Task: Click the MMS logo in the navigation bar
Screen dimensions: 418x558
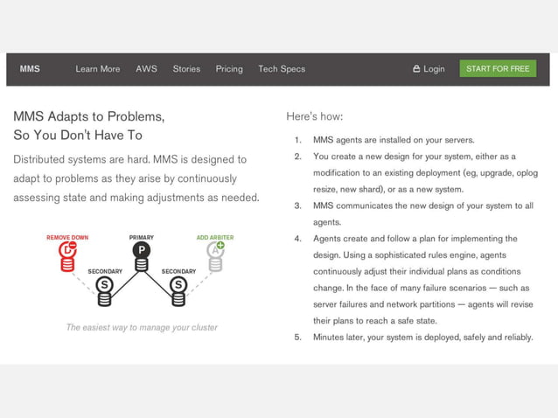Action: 30,69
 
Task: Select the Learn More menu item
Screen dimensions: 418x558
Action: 98,69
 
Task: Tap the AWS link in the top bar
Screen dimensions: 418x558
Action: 146,69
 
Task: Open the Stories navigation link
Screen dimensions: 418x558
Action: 186,69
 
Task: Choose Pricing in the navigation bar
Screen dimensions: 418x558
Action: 229,69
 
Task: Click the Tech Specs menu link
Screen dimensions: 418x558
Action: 282,69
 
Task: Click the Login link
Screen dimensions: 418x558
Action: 434,69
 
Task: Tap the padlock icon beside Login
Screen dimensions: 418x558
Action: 416,69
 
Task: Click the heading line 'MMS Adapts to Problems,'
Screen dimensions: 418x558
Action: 88,116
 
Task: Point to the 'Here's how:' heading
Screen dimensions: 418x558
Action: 314,116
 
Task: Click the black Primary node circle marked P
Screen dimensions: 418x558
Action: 141,250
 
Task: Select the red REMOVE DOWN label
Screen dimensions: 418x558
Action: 67,237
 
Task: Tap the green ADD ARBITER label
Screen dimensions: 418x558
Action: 214,237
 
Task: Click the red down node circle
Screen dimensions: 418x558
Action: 67,251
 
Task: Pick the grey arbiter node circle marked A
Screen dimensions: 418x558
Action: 214,251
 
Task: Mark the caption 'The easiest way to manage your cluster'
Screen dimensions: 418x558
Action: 142,328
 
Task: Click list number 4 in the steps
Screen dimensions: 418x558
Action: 297,239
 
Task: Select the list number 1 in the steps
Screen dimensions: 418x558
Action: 297,140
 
